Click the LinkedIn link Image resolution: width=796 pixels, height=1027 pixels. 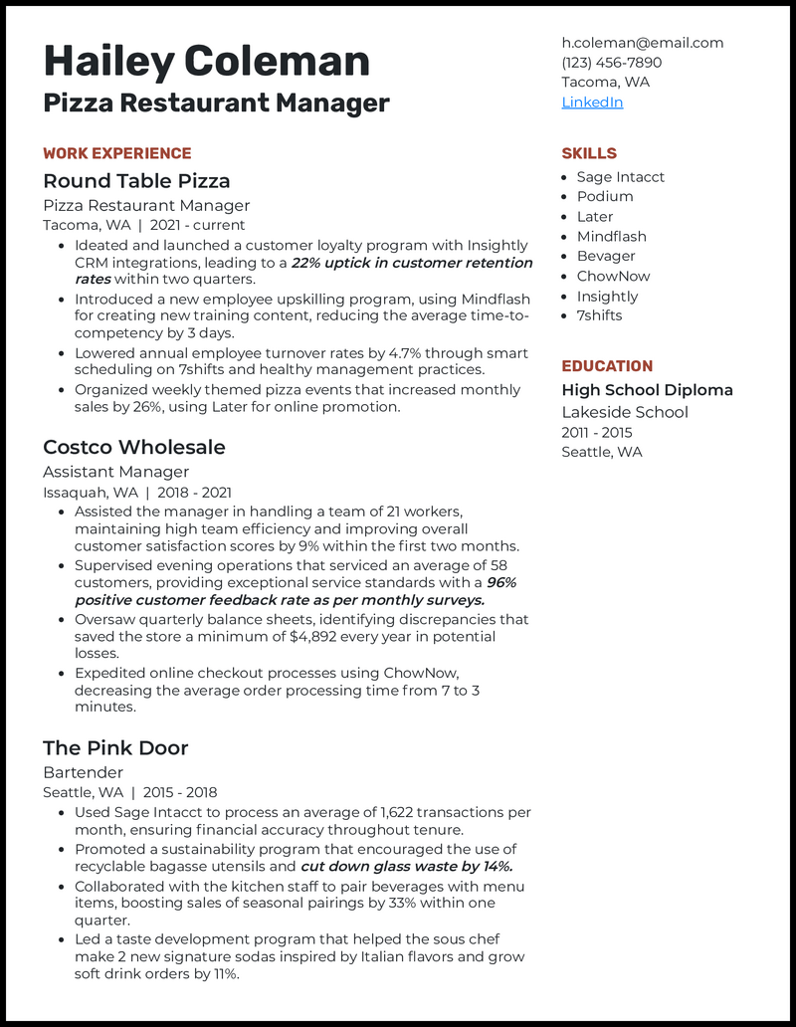click(592, 103)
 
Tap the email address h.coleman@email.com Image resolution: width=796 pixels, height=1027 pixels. click(642, 43)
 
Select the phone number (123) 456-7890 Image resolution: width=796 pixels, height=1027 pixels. click(611, 63)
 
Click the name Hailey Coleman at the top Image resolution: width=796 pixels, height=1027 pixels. click(206, 62)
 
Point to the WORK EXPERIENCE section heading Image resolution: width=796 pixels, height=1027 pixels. click(117, 153)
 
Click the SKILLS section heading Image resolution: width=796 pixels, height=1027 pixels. click(589, 153)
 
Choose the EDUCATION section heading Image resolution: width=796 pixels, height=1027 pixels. click(607, 366)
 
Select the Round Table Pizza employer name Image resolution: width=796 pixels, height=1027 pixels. click(136, 181)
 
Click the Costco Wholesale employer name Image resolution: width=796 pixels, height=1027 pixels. click(134, 447)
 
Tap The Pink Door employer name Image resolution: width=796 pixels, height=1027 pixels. click(115, 747)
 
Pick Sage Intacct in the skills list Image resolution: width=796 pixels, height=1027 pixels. click(620, 177)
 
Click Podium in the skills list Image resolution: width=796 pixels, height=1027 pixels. click(605, 197)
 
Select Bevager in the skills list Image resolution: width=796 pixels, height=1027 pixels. click(606, 256)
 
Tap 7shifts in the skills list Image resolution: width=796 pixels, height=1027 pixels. click(599, 315)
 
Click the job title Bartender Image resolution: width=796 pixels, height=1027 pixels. click(84, 772)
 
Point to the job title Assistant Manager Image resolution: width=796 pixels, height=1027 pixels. click(115, 472)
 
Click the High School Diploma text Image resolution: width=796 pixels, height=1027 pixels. click(647, 390)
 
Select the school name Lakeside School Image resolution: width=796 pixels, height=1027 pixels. click(625, 412)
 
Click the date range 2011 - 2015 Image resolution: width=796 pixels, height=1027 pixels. click(596, 432)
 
